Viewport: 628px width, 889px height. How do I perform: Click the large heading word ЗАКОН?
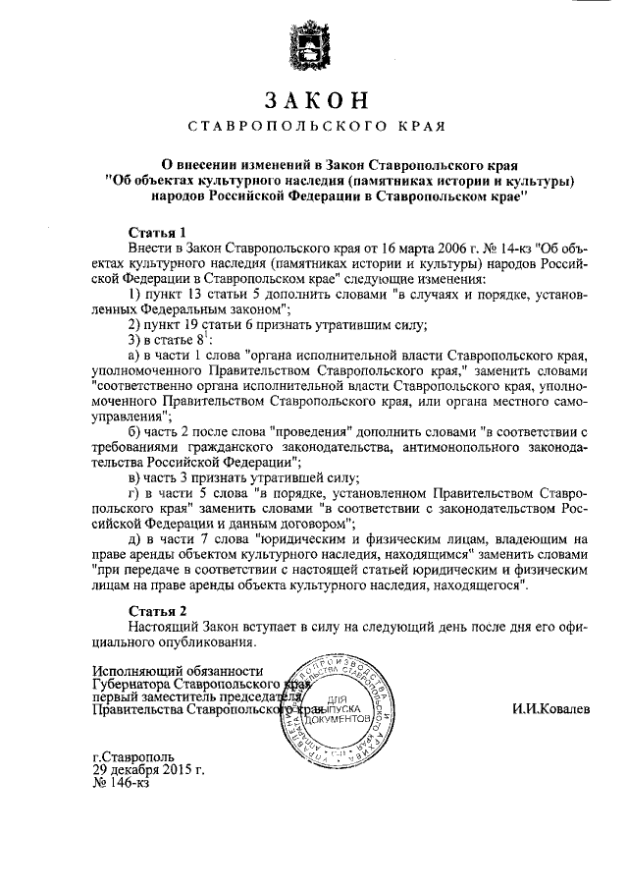pyautogui.click(x=314, y=100)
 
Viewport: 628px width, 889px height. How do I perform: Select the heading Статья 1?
pyautogui.click(x=158, y=232)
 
